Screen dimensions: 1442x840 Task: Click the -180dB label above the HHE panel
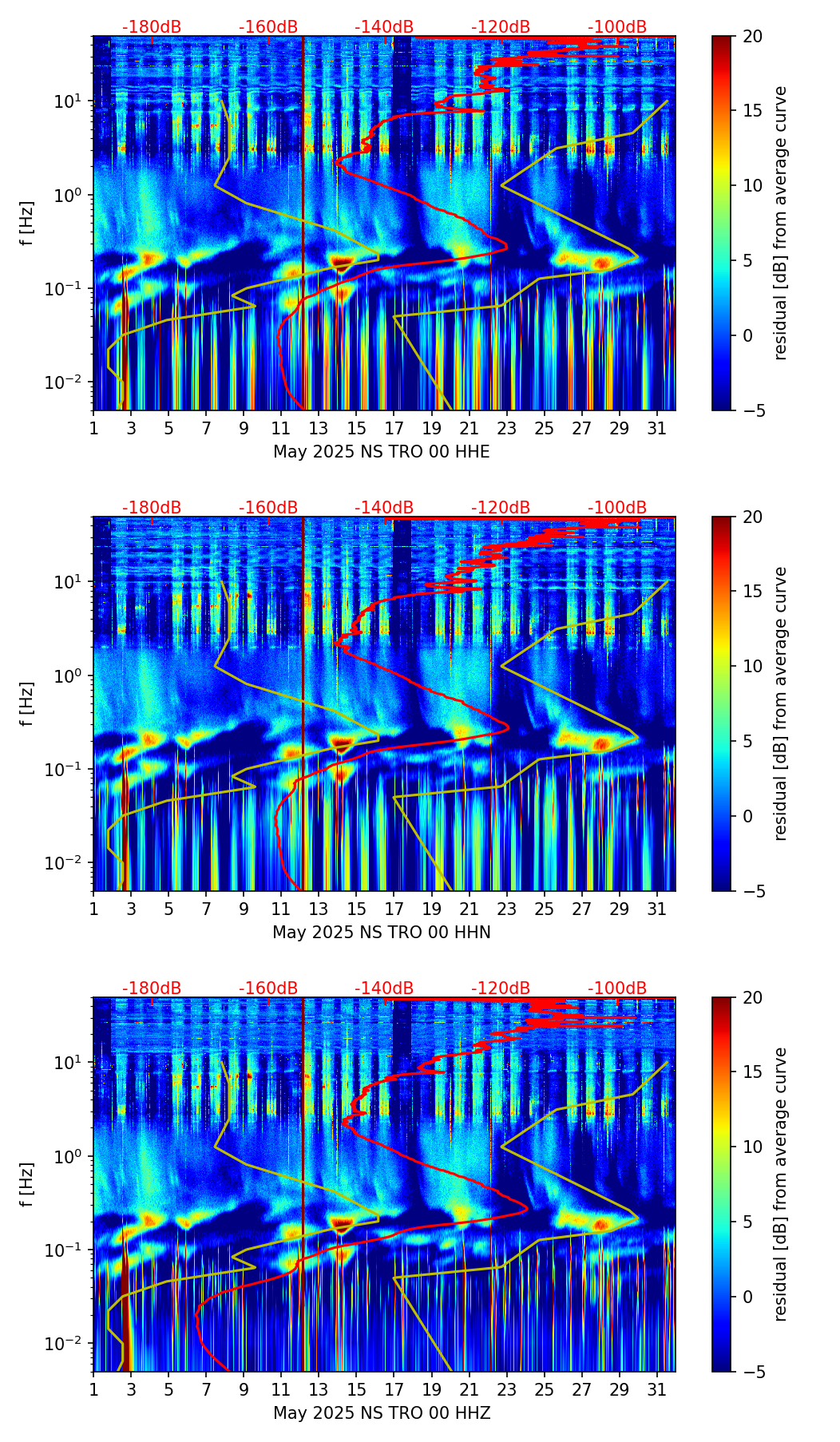click(x=152, y=27)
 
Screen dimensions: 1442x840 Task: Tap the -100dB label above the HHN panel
click(x=617, y=508)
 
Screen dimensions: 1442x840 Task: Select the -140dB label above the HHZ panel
click(x=384, y=988)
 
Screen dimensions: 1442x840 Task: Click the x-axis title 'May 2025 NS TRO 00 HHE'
click(x=382, y=452)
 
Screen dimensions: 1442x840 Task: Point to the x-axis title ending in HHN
click(x=382, y=933)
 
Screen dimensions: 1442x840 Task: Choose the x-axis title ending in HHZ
click(x=382, y=1413)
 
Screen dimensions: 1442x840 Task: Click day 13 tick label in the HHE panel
click(x=319, y=429)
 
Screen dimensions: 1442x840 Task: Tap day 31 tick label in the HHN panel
click(x=657, y=909)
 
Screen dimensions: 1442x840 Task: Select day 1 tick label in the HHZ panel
click(x=93, y=1390)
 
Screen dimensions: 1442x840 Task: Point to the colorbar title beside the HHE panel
click(x=780, y=223)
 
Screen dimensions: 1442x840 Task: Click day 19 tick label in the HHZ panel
click(x=432, y=1390)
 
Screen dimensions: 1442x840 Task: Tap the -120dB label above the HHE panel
click(x=501, y=27)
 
